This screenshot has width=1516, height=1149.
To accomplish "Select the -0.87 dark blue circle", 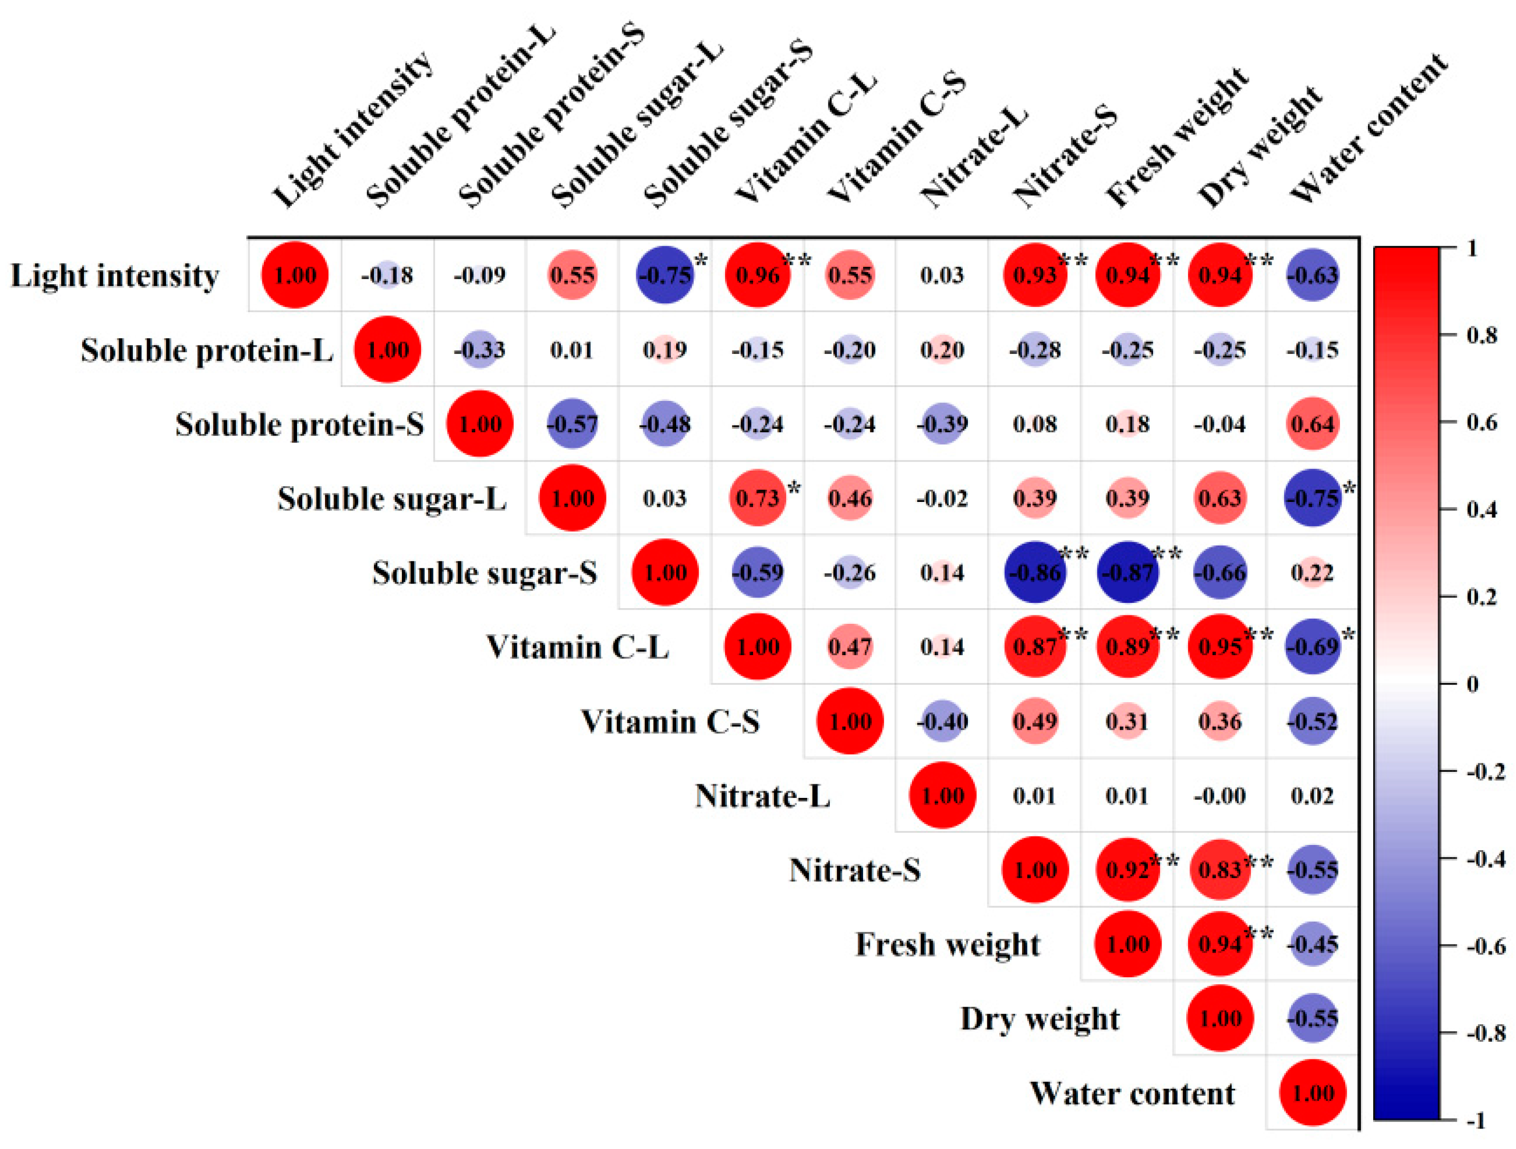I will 1127,572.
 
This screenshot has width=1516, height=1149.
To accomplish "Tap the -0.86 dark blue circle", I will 1035,572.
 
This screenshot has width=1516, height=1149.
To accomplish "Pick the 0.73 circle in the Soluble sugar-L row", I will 757,498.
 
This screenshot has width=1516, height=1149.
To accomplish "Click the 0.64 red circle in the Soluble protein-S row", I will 1312,424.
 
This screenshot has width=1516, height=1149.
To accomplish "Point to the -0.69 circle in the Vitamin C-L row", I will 1312,647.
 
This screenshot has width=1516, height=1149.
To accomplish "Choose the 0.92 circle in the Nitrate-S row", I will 1127,870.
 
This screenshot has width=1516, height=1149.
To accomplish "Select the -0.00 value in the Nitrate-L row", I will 1220,796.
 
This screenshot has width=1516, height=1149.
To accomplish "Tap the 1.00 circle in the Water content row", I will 1312,1093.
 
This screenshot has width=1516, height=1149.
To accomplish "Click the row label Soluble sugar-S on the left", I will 484,573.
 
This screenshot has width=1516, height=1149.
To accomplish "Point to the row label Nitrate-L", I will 762,796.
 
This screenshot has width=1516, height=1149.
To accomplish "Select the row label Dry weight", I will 1040,1019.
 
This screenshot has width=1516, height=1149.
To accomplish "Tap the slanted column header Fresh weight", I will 1177,137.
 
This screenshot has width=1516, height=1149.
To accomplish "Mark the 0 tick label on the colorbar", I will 1472,684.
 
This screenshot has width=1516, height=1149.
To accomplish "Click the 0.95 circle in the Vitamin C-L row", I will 1220,647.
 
